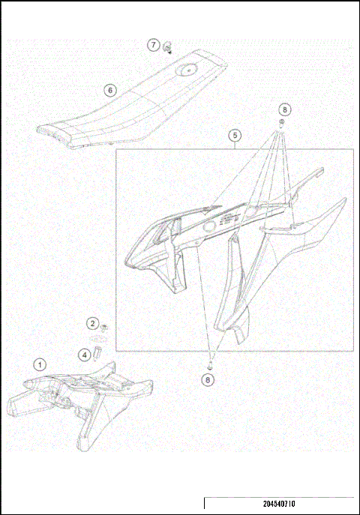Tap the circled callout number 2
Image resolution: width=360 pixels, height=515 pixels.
(x=92, y=324)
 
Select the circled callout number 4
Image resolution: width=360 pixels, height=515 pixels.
(x=85, y=353)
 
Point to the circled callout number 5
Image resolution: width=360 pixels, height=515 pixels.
(x=235, y=136)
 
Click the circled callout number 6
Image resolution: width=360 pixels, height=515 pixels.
(x=110, y=91)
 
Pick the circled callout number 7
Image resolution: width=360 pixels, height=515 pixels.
(x=154, y=45)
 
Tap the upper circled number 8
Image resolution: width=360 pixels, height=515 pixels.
(x=285, y=109)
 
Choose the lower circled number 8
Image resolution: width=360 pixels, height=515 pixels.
(x=208, y=379)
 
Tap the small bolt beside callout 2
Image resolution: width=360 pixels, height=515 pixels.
(x=103, y=327)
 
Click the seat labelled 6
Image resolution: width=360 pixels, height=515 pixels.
(x=127, y=105)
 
